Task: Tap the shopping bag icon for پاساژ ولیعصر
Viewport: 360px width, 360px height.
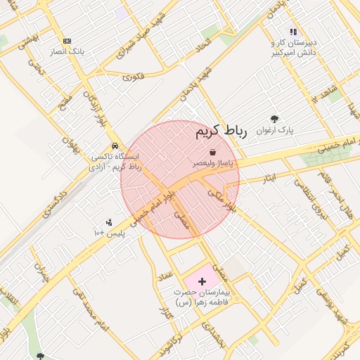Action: tap(212, 152)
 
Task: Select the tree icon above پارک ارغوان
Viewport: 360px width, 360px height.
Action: tap(274, 120)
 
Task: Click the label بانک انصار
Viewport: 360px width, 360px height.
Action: tap(67, 52)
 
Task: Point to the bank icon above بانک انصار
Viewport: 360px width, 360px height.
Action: tap(67, 41)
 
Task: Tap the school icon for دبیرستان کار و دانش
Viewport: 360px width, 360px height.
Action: tap(293, 32)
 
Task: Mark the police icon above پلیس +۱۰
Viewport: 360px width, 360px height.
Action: tap(108, 222)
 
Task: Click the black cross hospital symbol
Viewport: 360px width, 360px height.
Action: tap(202, 281)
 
